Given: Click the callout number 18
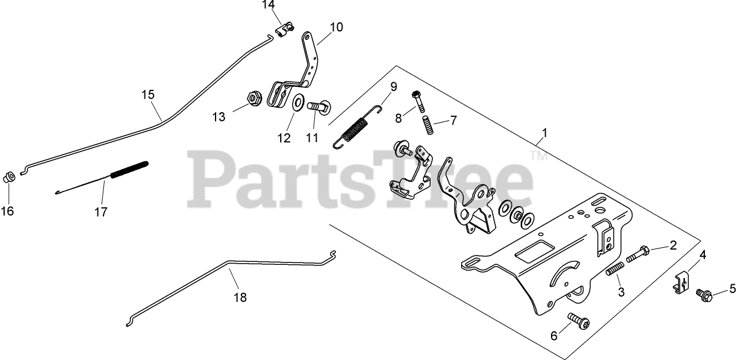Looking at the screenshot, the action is pyautogui.click(x=240, y=297).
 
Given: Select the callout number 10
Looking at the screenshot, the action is pyautogui.click(x=336, y=26).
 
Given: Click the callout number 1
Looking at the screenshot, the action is pyautogui.click(x=545, y=133).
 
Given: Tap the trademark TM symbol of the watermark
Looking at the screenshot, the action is pyautogui.click(x=535, y=156).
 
